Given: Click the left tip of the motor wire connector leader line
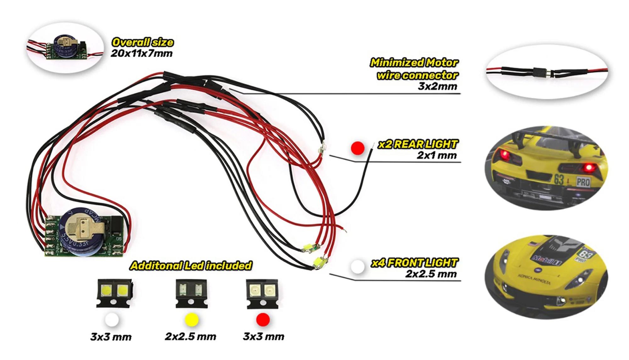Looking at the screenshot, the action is pos(230,89).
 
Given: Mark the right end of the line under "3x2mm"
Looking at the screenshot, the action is pos(460,94).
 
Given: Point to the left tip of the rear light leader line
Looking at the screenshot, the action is pos(330,155).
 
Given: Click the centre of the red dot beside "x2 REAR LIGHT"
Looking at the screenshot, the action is pos(358,148).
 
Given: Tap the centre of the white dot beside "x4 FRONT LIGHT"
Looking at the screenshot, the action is pos(358,267).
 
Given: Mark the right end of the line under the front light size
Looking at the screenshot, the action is pos(461,280).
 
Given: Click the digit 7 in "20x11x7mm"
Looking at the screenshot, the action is pos(149,53).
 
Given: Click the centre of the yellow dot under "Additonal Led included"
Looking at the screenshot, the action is pos(192,320).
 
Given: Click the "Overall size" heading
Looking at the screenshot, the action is pos(142,42).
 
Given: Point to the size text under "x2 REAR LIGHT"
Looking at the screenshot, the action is pos(437,155).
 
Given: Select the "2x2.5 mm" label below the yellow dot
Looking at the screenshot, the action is pos(191,336).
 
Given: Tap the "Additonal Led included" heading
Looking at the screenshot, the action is pos(191,266).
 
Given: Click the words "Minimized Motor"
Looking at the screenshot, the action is pos(414,63).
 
